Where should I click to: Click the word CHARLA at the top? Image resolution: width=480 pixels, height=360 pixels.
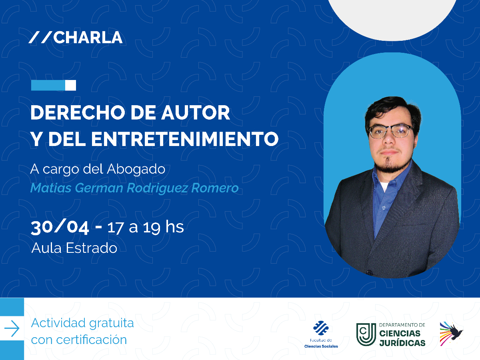point(88,37)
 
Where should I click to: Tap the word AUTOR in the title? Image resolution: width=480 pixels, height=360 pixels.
point(196,112)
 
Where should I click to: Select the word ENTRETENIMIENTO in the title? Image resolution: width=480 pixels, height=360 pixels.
point(185,139)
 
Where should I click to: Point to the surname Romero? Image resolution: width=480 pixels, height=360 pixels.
point(215,188)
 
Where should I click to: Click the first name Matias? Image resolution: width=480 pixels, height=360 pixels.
point(51,188)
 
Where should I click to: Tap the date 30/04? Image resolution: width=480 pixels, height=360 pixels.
point(60,227)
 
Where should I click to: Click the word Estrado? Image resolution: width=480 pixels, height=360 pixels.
point(92,248)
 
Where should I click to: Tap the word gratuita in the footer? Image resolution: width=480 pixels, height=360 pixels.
point(112,324)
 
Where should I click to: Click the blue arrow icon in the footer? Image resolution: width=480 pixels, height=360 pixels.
point(12,328)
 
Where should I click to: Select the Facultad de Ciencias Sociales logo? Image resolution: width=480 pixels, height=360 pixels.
point(321,334)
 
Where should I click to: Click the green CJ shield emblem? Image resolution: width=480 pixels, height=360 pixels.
point(366,334)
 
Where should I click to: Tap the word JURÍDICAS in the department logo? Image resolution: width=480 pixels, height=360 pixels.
point(402,343)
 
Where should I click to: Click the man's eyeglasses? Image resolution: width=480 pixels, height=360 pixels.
point(390,131)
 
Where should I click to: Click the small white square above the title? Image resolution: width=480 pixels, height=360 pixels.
point(70,85)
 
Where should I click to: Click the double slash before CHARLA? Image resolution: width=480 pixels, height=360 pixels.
point(40,37)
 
